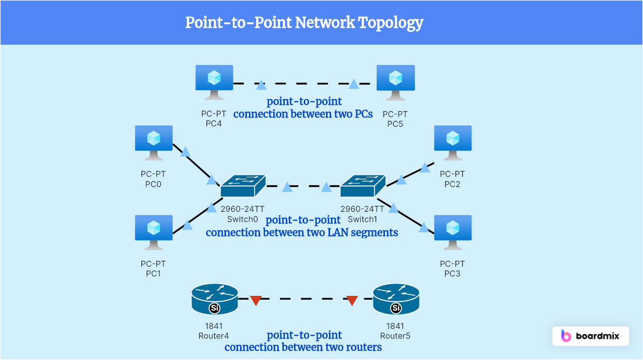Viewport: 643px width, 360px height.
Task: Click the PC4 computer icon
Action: (214, 79)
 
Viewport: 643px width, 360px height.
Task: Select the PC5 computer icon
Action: (396, 79)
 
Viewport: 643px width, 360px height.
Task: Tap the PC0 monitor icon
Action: (154, 140)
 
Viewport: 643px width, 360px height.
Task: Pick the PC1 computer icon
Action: (154, 229)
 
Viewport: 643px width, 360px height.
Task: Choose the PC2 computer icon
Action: (452, 140)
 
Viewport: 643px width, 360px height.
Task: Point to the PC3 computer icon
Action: (452, 229)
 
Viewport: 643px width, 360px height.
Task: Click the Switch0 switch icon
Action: (243, 186)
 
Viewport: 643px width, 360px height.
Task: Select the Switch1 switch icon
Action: (363, 186)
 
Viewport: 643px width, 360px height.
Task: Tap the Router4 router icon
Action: (214, 299)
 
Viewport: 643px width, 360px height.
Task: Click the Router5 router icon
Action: (396, 299)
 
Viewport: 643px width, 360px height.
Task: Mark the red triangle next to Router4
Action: (256, 300)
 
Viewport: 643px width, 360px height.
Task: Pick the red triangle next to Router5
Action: (352, 300)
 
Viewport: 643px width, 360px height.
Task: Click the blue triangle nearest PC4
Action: (261, 86)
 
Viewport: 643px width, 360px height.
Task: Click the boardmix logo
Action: (591, 336)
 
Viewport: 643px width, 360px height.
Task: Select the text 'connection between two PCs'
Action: (303, 114)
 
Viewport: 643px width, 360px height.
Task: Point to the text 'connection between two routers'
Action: (303, 347)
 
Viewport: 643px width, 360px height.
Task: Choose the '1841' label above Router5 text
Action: (395, 326)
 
